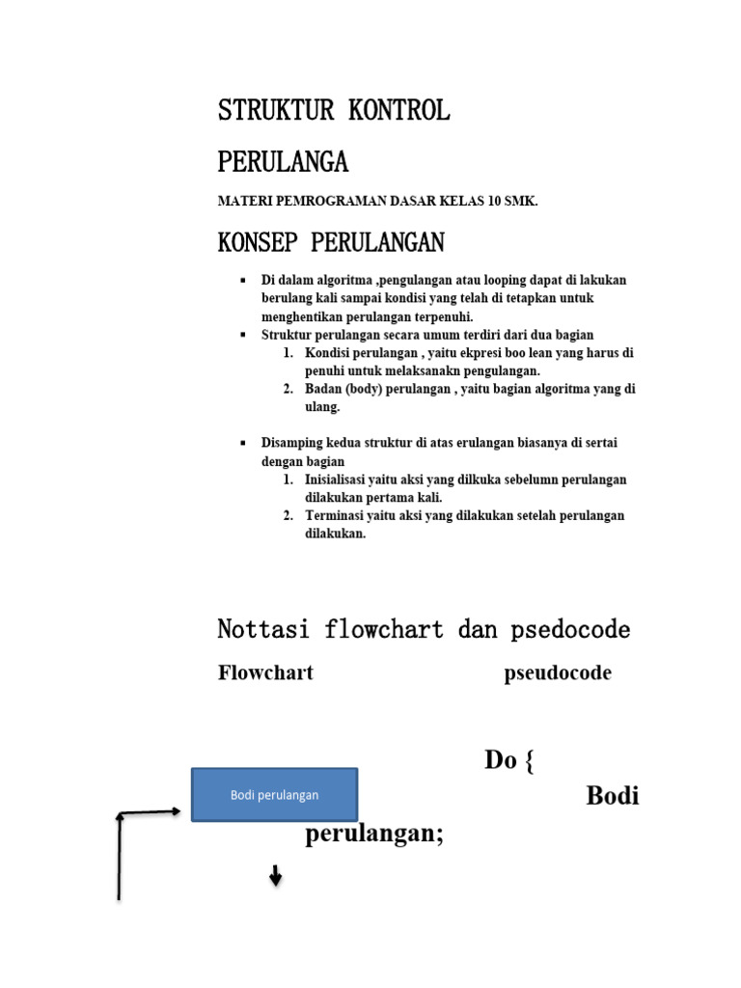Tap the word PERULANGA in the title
pos(283,161)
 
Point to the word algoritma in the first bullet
pos(338,280)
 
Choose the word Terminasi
pos(335,515)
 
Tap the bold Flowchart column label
pos(265,673)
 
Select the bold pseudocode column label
pos(558,673)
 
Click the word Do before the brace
pos(501,760)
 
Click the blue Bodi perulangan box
pos(275,795)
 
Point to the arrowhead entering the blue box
pos(176,811)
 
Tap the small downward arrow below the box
pos(276,878)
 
